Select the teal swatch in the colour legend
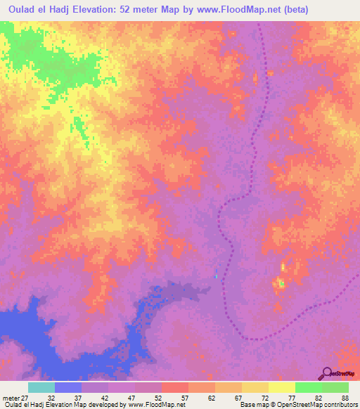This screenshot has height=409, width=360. pos(41,387)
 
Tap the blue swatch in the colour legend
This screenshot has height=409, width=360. pos(68,387)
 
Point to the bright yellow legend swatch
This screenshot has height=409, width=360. pos(281,387)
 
